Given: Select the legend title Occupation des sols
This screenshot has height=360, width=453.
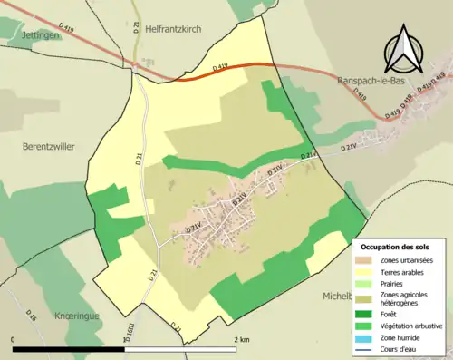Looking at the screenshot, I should pos(395,247).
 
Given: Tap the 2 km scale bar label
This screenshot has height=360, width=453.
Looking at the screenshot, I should pos(241,339).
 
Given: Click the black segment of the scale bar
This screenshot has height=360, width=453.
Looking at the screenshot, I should pos(67,347).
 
